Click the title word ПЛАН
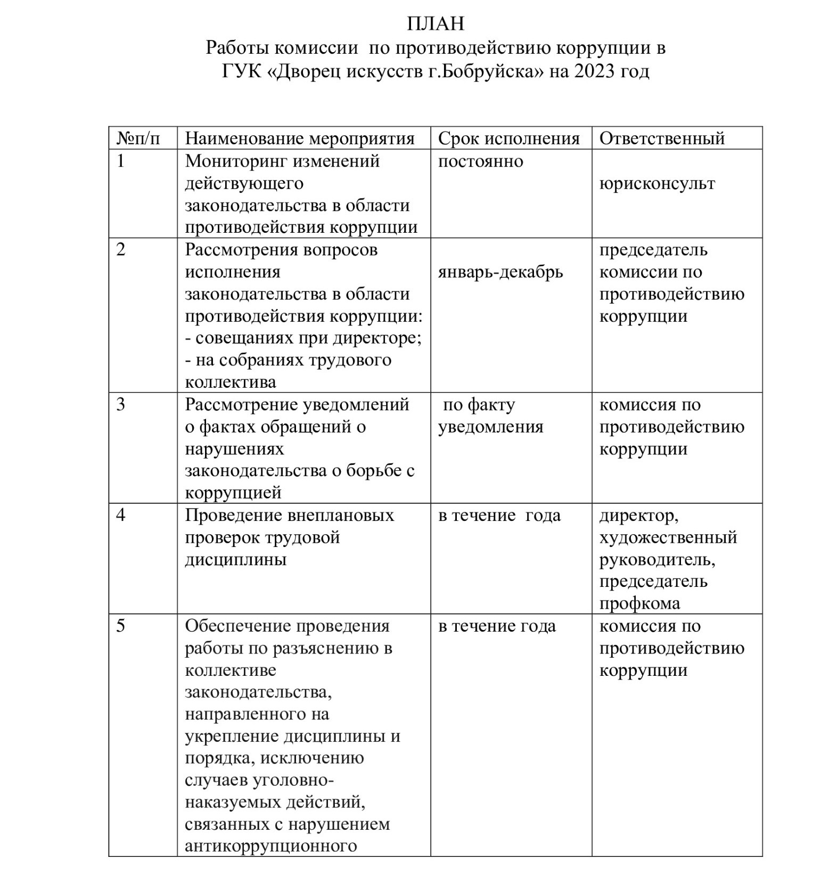coord(436,23)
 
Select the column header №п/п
coord(138,138)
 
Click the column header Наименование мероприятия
coord(299,138)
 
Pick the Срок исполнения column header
coord(508,138)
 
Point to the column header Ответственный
coord(662,138)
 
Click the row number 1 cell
coord(121,161)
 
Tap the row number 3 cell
coord(121,404)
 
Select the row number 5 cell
coord(121,626)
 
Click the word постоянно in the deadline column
coord(480,161)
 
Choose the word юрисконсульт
coord(657,183)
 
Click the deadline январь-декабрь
coord(500,272)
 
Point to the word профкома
coord(639,603)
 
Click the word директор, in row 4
coord(638,516)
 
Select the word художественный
coord(668,537)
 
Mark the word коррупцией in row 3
coord(233,493)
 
